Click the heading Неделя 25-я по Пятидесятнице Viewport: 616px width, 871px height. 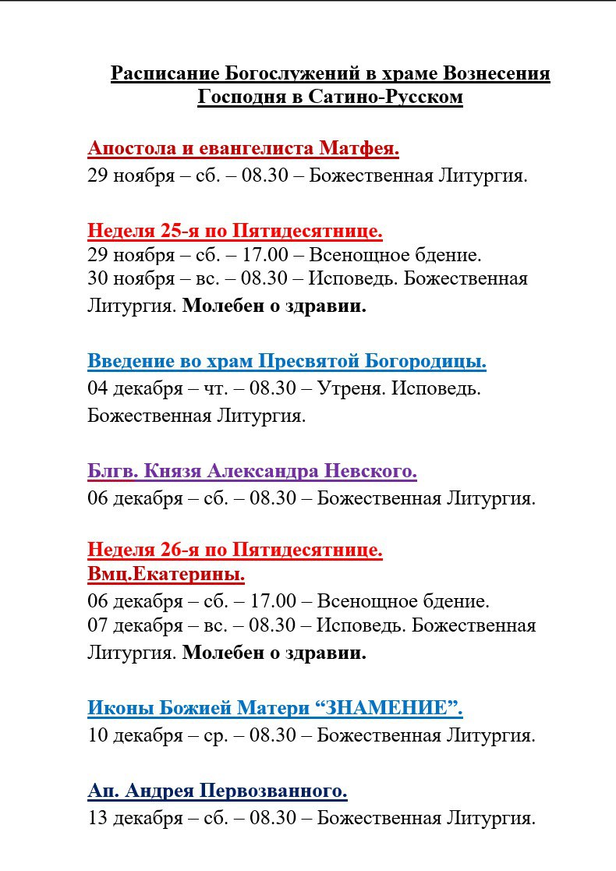tap(235, 231)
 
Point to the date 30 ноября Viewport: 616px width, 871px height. tap(131, 278)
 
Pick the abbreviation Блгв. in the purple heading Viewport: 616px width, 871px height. tap(113, 471)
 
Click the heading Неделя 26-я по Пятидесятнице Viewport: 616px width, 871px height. tap(235, 551)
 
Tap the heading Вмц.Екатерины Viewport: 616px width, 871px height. tap(166, 575)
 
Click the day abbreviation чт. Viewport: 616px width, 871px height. tap(213, 388)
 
